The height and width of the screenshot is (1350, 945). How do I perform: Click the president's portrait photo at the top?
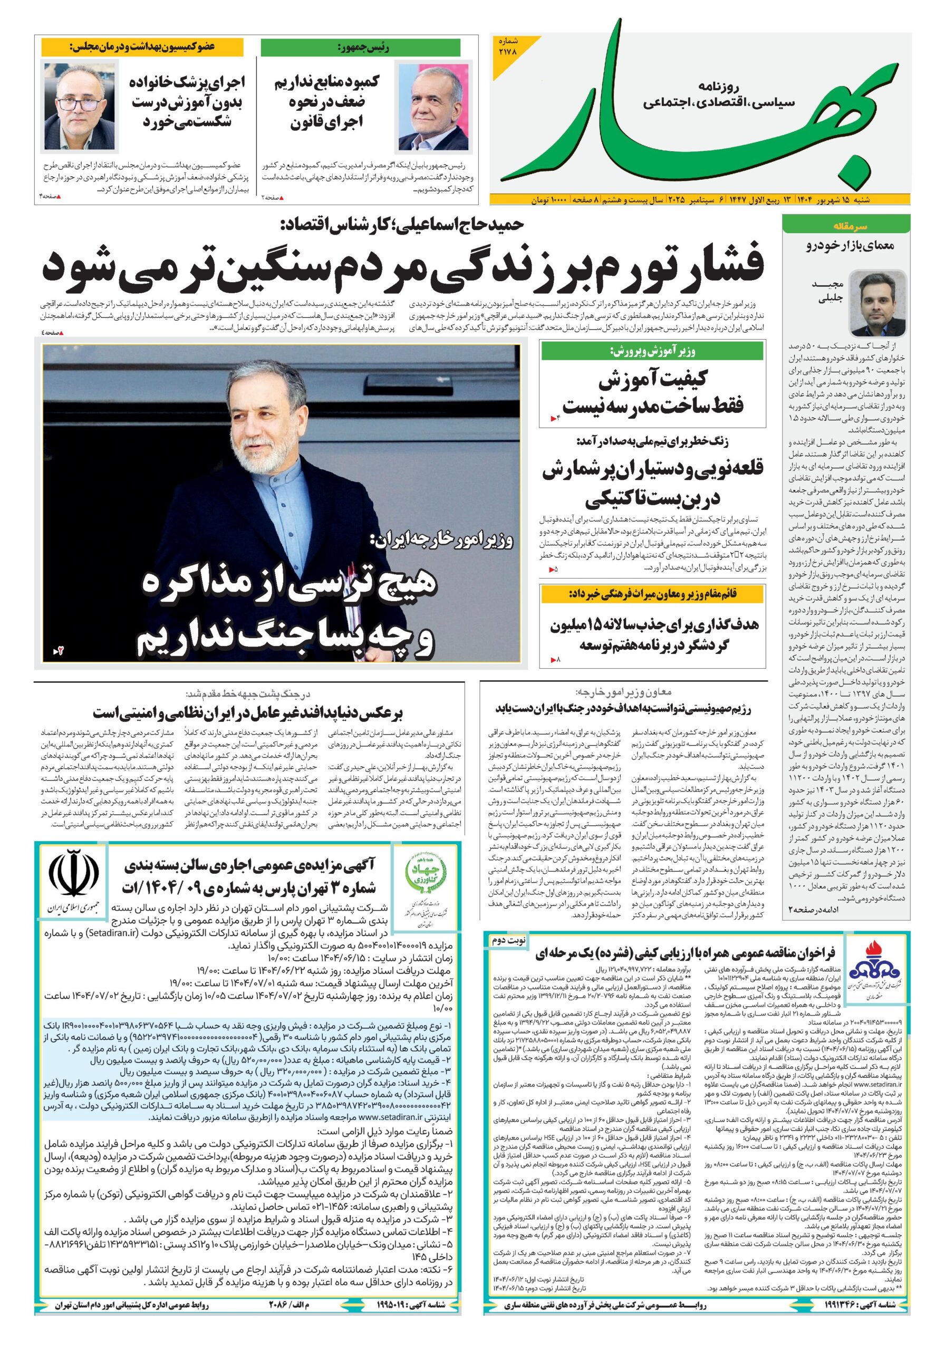coord(433,106)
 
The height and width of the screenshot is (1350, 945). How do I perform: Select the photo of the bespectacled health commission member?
coord(80,106)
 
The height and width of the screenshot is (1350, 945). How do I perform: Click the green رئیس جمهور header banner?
coord(361,48)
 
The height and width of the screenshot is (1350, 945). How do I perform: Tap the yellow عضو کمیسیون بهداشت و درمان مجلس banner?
coord(142,46)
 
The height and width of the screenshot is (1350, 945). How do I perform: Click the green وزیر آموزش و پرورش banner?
coord(652,352)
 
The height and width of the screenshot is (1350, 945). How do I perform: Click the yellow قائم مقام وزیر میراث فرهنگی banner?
coord(652,594)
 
